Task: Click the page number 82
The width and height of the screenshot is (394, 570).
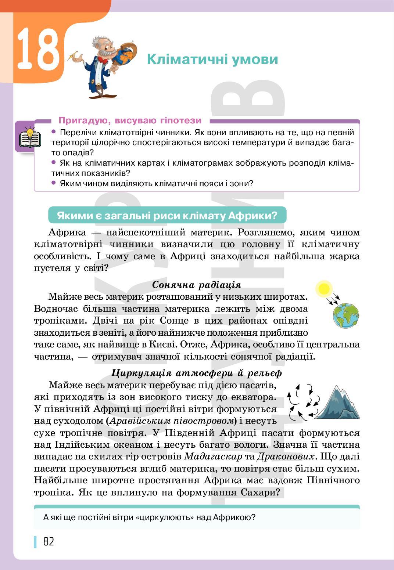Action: pos(49,541)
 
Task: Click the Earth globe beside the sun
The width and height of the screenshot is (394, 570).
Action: pos(346,315)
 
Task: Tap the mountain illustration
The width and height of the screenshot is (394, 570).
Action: pos(337,403)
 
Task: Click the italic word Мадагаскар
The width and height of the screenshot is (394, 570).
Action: pos(213,457)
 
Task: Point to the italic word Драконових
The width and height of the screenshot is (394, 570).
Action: pos(286,457)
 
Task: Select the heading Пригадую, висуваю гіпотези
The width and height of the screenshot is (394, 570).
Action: pos(130,120)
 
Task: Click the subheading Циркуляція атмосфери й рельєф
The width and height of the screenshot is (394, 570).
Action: pos(196,373)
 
